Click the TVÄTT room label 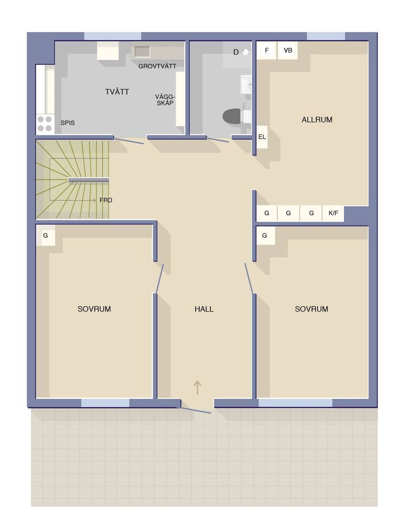point(117,92)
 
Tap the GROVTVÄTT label point(157,66)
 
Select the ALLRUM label point(317,119)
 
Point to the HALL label point(204,309)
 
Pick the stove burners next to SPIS point(45,124)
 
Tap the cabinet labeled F point(267,50)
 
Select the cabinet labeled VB point(288,50)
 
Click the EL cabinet point(262,137)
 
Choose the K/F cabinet point(333,213)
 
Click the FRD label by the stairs point(106,200)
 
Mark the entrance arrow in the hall point(197,387)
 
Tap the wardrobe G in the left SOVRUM point(45,235)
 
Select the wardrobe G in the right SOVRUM point(265,236)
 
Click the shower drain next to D point(245,52)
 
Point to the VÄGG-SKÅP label point(165,100)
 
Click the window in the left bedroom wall point(105,403)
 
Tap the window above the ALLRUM point(326,36)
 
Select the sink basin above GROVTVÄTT point(142,52)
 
